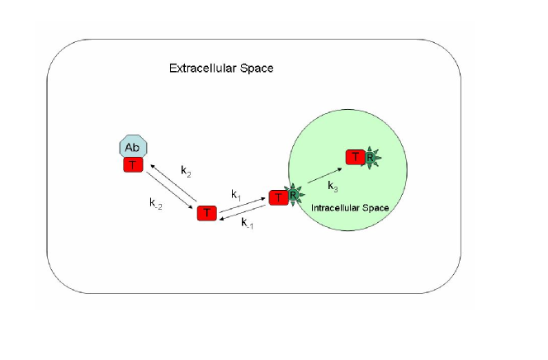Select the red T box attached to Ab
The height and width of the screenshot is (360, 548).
[x=133, y=165]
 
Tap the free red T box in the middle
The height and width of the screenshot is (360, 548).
[x=206, y=213]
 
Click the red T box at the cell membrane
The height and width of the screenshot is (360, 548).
[x=278, y=197]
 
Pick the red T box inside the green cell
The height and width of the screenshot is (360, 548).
[x=355, y=157]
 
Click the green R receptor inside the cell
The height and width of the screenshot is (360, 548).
[x=371, y=157]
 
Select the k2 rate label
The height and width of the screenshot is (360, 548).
[x=187, y=172]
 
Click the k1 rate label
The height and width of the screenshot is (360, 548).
[x=236, y=195]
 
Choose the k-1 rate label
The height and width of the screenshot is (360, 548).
[x=247, y=222]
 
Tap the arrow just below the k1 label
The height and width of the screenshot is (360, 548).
[x=243, y=205]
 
